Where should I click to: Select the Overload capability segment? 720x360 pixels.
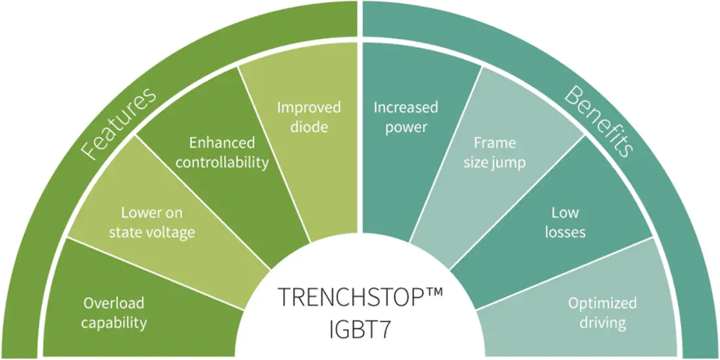137,298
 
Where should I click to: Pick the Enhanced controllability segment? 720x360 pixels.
221,152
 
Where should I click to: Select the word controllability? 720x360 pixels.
223,162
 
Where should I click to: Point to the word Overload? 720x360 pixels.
113,303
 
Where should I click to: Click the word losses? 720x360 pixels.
566,232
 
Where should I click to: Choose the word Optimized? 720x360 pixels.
602,304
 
